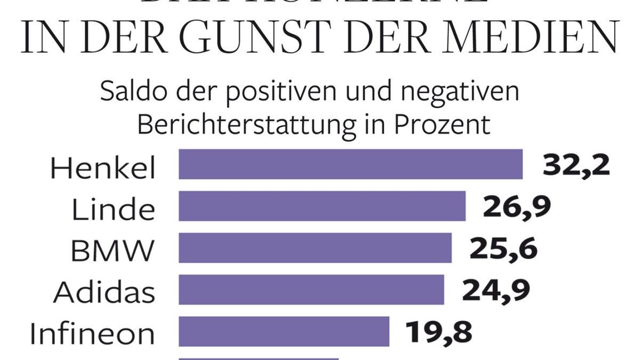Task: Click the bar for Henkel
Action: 350,164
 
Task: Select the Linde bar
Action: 322,206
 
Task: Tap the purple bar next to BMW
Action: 315,247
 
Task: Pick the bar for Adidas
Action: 311,290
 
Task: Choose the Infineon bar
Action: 284,331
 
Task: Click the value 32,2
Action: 576,165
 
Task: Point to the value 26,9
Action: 516,207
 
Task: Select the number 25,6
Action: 503,249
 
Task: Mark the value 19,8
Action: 439,332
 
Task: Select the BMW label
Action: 113,251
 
